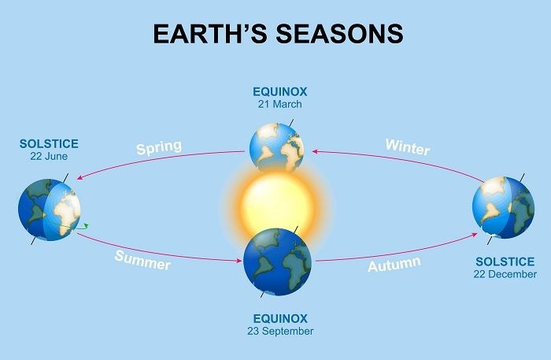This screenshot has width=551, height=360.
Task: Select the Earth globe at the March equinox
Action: pos(276,147)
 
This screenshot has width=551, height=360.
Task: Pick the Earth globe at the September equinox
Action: pos(278,260)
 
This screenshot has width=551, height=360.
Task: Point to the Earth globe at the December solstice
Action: pos(502,207)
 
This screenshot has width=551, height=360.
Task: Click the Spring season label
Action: pos(158,147)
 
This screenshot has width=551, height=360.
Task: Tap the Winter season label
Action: pos(408,147)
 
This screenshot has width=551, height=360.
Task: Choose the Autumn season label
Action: pos(394,264)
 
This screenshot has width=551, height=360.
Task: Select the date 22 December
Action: pos(505,274)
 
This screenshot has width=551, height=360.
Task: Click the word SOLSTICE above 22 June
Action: pos(50,145)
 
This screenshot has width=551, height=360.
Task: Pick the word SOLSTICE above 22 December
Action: pos(505,262)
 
